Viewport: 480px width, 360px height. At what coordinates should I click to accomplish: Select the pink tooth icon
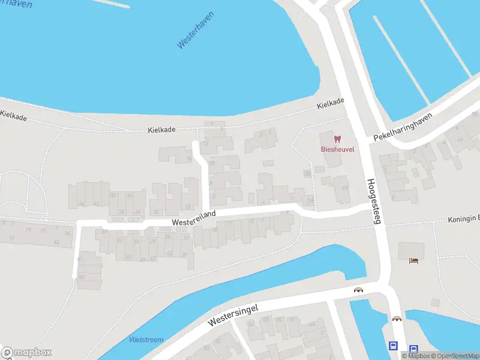pyautogui.click(x=336, y=139)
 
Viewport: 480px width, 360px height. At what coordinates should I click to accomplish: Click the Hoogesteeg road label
pyautogui.click(x=373, y=202)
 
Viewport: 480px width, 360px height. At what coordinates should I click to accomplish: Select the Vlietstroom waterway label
pyautogui.click(x=146, y=340)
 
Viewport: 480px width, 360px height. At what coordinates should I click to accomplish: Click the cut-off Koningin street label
pyautogui.click(x=463, y=220)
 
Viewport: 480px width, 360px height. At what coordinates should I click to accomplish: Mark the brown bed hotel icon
pyautogui.click(x=413, y=260)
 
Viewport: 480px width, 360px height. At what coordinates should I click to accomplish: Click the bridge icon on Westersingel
pyautogui.click(x=358, y=290)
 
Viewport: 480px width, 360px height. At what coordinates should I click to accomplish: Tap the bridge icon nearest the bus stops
pyautogui.click(x=396, y=319)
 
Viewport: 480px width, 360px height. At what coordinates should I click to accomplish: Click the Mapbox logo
pyautogui.click(x=26, y=352)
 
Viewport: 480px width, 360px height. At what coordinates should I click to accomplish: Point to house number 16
pyautogui.click(x=189, y=159)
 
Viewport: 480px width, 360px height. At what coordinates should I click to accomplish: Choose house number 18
pyautogui.click(x=188, y=190)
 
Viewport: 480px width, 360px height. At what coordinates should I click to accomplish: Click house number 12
pyautogui.click(x=206, y=143)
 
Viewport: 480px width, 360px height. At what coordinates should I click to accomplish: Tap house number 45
pyautogui.click(x=56, y=242)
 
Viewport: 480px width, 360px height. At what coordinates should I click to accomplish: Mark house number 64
pyautogui.click(x=460, y=140)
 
